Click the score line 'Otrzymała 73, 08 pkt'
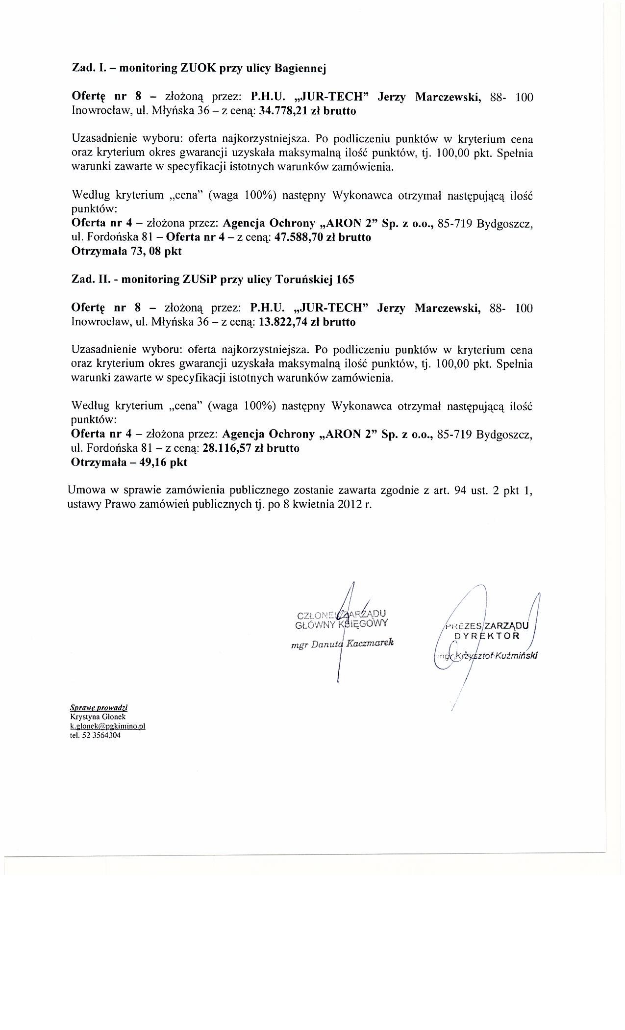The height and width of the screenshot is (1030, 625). click(x=126, y=252)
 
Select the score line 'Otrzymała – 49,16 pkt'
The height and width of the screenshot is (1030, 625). click(x=129, y=462)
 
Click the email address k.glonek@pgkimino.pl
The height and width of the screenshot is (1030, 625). click(x=108, y=726)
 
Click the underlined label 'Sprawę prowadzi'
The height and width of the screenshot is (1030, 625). click(x=99, y=708)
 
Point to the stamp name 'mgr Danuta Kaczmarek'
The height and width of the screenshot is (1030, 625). click(x=342, y=643)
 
